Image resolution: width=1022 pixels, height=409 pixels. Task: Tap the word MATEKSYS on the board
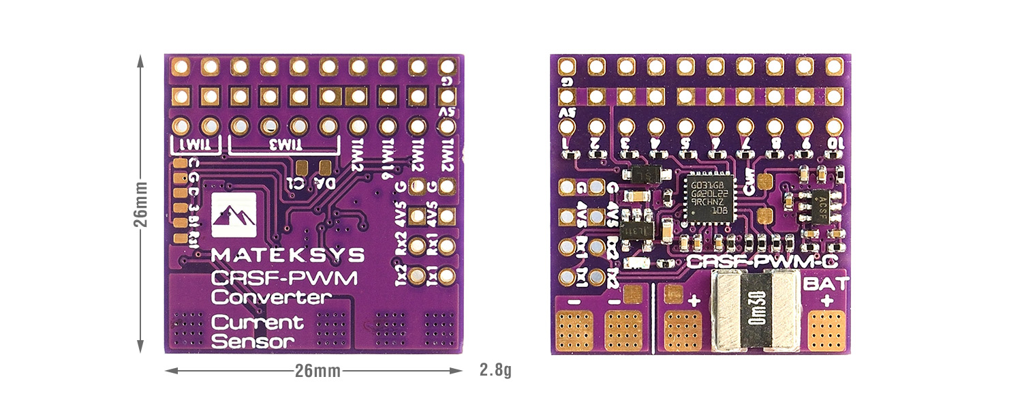(288, 255)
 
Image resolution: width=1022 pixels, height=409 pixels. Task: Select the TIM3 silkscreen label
(283, 144)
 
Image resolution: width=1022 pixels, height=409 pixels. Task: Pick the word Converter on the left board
(271, 297)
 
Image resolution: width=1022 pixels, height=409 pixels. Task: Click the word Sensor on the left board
(252, 341)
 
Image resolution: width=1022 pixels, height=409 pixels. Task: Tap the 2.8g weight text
(495, 371)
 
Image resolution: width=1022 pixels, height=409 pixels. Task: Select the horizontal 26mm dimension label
(314, 371)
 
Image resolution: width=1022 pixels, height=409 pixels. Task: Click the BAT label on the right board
(826, 283)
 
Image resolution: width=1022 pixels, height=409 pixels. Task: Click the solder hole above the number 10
(833, 126)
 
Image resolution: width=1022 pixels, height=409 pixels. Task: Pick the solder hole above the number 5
(685, 126)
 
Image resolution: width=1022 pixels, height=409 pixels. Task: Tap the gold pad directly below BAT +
(826, 331)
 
